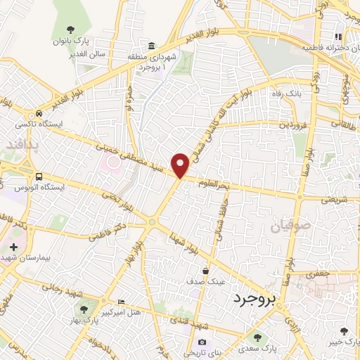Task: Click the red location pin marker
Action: (181, 165)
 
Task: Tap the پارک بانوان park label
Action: (74, 41)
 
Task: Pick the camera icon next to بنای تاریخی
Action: (202, 342)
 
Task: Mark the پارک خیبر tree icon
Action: (344, 331)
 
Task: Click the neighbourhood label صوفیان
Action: (287, 227)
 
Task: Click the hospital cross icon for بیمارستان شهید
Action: (13, 247)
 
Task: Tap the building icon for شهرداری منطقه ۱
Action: (152, 44)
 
